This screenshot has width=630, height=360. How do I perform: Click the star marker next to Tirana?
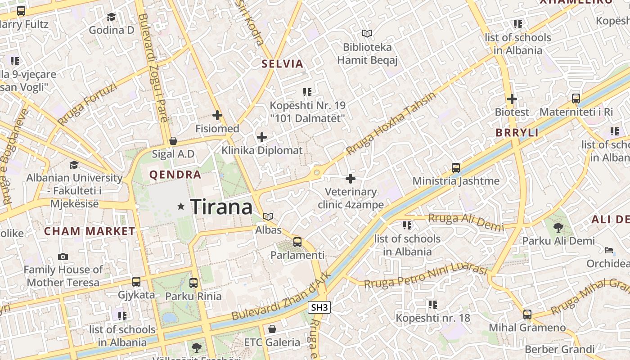click(181, 207)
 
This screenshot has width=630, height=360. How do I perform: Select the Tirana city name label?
click(221, 207)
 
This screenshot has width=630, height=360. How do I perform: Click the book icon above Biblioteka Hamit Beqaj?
click(367, 33)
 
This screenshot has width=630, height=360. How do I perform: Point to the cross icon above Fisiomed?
click(217, 115)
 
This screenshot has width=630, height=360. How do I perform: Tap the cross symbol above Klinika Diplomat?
click(261, 137)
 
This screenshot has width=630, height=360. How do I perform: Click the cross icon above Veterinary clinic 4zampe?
click(351, 179)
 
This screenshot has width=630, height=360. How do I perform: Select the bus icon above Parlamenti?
click(297, 242)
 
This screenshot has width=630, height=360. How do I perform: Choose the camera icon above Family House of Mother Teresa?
click(63, 256)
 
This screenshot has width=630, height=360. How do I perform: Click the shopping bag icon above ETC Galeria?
click(272, 329)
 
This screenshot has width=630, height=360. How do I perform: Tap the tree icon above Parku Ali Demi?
click(558, 228)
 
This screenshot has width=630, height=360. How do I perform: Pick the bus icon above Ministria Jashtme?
click(456, 168)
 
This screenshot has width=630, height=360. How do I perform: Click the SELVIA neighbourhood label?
click(283, 64)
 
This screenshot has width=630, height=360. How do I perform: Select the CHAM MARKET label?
click(90, 231)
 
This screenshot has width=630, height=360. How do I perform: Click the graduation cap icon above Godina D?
click(111, 17)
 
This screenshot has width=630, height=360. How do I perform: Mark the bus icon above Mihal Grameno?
click(527, 314)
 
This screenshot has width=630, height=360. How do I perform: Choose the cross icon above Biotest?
click(512, 99)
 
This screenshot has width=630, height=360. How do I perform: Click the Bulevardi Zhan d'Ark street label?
click(281, 297)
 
